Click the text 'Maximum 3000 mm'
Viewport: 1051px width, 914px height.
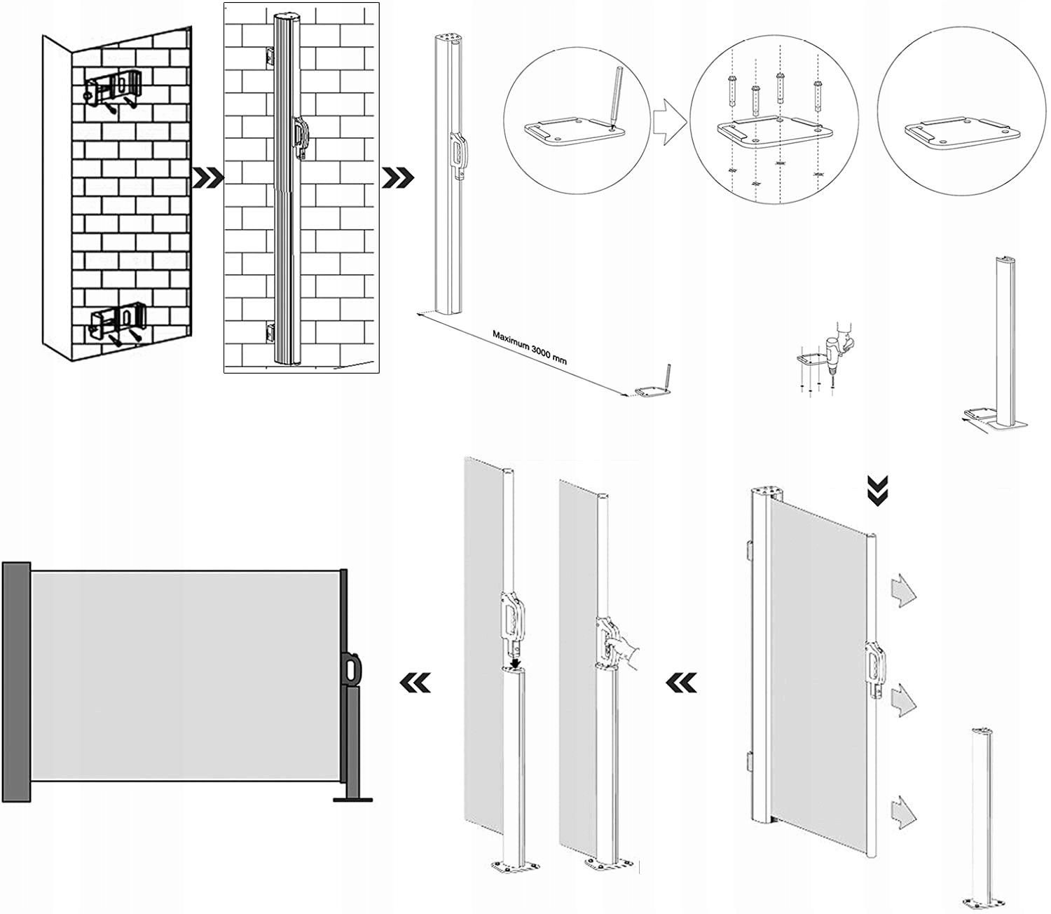(529, 346)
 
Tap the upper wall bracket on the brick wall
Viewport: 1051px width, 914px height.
(113, 90)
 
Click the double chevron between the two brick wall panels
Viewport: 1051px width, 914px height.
(208, 178)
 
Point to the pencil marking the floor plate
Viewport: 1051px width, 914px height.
(614, 96)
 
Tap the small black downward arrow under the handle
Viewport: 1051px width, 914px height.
(515, 661)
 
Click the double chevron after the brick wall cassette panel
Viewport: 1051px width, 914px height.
(397, 178)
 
